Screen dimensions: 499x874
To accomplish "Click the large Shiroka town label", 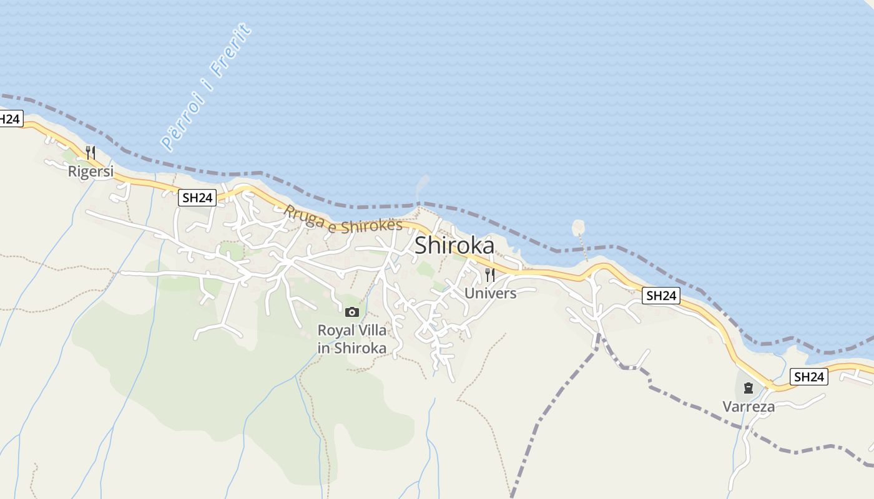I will pos(454,245).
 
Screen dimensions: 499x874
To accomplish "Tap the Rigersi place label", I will pos(91,171).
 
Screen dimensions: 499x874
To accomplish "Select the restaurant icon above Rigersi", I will pos(91,152).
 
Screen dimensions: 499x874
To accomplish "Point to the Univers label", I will pos(491,293).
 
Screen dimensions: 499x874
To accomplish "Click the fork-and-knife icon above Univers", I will pos(490,274).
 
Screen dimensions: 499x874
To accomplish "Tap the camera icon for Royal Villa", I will pos(352,312).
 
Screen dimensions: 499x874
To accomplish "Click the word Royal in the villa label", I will pos(335,330).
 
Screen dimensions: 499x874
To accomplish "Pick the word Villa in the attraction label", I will pos(371,330).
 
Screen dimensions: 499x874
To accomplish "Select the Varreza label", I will pos(749,407).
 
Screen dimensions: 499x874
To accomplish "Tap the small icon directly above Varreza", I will pos(748,389).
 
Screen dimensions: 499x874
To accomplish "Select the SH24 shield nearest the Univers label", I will pos(661,296).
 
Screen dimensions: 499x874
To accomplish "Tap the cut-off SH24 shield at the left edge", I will pos(11,119).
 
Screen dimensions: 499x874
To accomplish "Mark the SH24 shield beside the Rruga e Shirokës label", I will pos(197,198).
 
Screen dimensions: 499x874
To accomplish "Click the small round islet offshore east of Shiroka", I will pos(578,228).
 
